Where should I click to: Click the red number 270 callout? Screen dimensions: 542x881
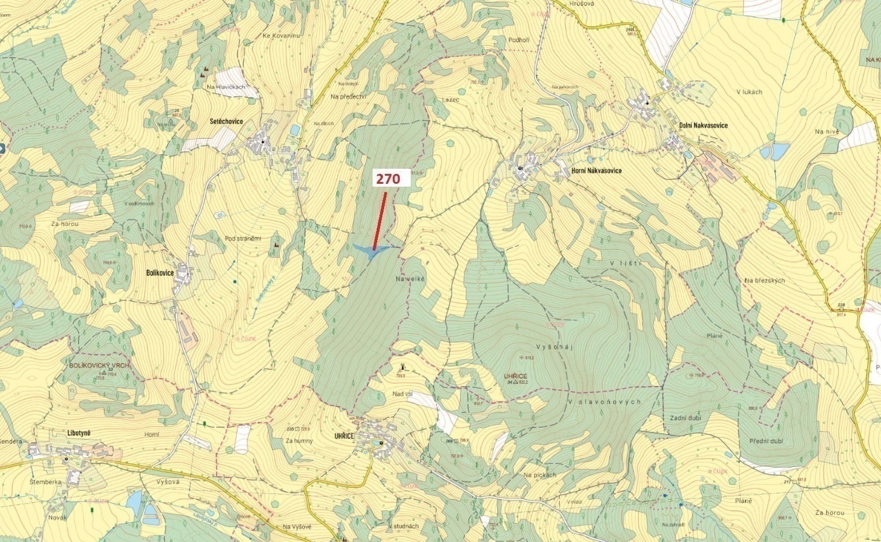(x=388, y=179)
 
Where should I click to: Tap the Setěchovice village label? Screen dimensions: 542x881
(x=226, y=121)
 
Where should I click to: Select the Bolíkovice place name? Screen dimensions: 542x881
(x=159, y=273)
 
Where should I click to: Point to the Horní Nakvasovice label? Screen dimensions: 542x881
(x=596, y=170)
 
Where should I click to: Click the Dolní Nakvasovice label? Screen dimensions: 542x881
(x=703, y=125)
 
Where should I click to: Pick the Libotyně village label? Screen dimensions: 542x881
(x=79, y=433)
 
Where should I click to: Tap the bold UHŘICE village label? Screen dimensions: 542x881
(x=343, y=436)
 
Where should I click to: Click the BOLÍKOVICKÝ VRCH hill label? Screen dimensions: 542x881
(x=99, y=366)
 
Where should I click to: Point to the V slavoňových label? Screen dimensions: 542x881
(x=604, y=402)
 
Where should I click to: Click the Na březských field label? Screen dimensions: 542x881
(x=764, y=281)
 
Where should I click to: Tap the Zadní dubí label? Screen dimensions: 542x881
(x=686, y=418)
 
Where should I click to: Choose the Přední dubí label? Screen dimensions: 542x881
(x=766, y=441)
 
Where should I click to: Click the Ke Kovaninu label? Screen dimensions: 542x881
(x=282, y=36)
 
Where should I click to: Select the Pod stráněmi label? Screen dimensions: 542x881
(x=243, y=239)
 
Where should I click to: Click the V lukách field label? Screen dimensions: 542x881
(x=749, y=92)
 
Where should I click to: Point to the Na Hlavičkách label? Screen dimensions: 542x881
(x=226, y=87)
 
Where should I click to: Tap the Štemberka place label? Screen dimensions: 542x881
(x=46, y=482)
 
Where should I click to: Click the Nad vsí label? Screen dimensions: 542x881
(x=402, y=394)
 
